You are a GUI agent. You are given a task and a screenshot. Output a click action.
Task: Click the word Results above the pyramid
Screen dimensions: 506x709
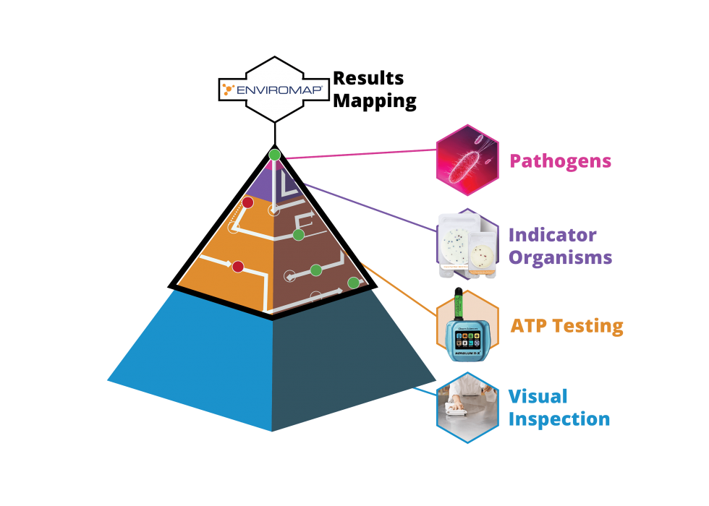point(368,79)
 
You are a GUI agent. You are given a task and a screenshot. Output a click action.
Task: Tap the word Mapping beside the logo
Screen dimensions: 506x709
point(375,100)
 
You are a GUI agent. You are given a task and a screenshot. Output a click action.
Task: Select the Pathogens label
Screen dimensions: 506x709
point(561,160)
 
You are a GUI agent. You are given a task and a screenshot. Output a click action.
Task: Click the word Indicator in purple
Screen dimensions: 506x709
point(553,236)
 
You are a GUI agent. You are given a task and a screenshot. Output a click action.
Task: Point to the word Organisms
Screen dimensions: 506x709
point(561,257)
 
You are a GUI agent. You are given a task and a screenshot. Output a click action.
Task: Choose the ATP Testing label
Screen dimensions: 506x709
point(566,326)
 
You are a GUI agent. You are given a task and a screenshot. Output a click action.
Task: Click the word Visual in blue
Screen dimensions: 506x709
point(538,397)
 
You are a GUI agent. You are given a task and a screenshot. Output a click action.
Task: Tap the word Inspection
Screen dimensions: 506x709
point(559,419)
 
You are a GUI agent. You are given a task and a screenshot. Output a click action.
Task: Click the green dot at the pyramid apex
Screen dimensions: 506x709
point(274,155)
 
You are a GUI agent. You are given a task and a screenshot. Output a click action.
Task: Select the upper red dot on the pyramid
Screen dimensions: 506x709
point(247,202)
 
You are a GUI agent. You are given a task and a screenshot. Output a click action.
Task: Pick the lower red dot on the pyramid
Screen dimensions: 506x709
point(237,267)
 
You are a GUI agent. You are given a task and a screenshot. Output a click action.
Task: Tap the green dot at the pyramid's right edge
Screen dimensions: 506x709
point(353,283)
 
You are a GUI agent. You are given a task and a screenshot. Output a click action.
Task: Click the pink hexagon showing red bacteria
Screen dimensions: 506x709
point(467,161)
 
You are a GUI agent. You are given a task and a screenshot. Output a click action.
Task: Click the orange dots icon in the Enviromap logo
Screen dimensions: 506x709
point(229,90)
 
